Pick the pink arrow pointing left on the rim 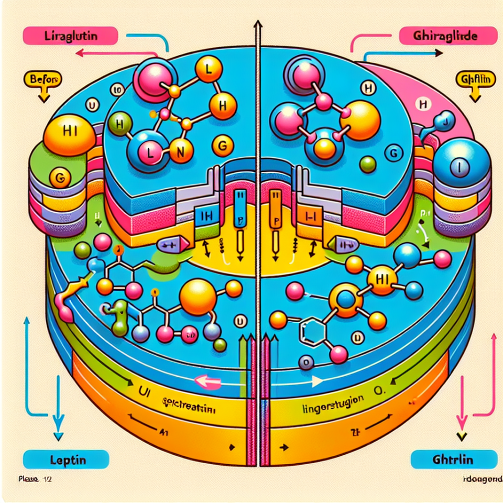pos(205,381)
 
